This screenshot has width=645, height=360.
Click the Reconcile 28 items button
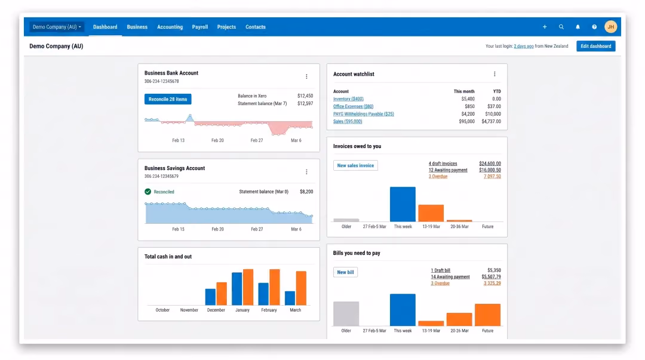[167, 99]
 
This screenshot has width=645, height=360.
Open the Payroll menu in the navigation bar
[200, 27]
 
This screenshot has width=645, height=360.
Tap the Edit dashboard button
[595, 46]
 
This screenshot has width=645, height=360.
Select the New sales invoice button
[355, 165]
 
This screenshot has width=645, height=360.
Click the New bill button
[345, 272]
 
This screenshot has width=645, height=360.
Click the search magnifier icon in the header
[561, 27]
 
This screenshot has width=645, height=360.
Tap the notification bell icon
[578, 27]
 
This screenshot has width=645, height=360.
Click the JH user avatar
[610, 27]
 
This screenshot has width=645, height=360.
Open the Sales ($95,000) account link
[348, 121]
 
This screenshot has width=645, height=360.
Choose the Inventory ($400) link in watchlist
[348, 99]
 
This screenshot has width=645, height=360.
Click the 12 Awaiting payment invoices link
[448, 170]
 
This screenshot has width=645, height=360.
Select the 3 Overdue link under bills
[440, 283]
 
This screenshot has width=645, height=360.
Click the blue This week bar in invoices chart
[403, 204]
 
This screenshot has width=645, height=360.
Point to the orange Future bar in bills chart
[487, 315]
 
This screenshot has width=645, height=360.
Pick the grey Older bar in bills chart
[346, 313]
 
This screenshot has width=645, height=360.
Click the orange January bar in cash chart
[248, 287]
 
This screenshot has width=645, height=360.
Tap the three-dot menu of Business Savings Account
[306, 172]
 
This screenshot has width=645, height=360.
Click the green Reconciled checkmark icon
[148, 192]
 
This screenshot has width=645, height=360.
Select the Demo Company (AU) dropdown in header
[57, 27]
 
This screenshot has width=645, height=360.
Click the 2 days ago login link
[524, 47]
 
